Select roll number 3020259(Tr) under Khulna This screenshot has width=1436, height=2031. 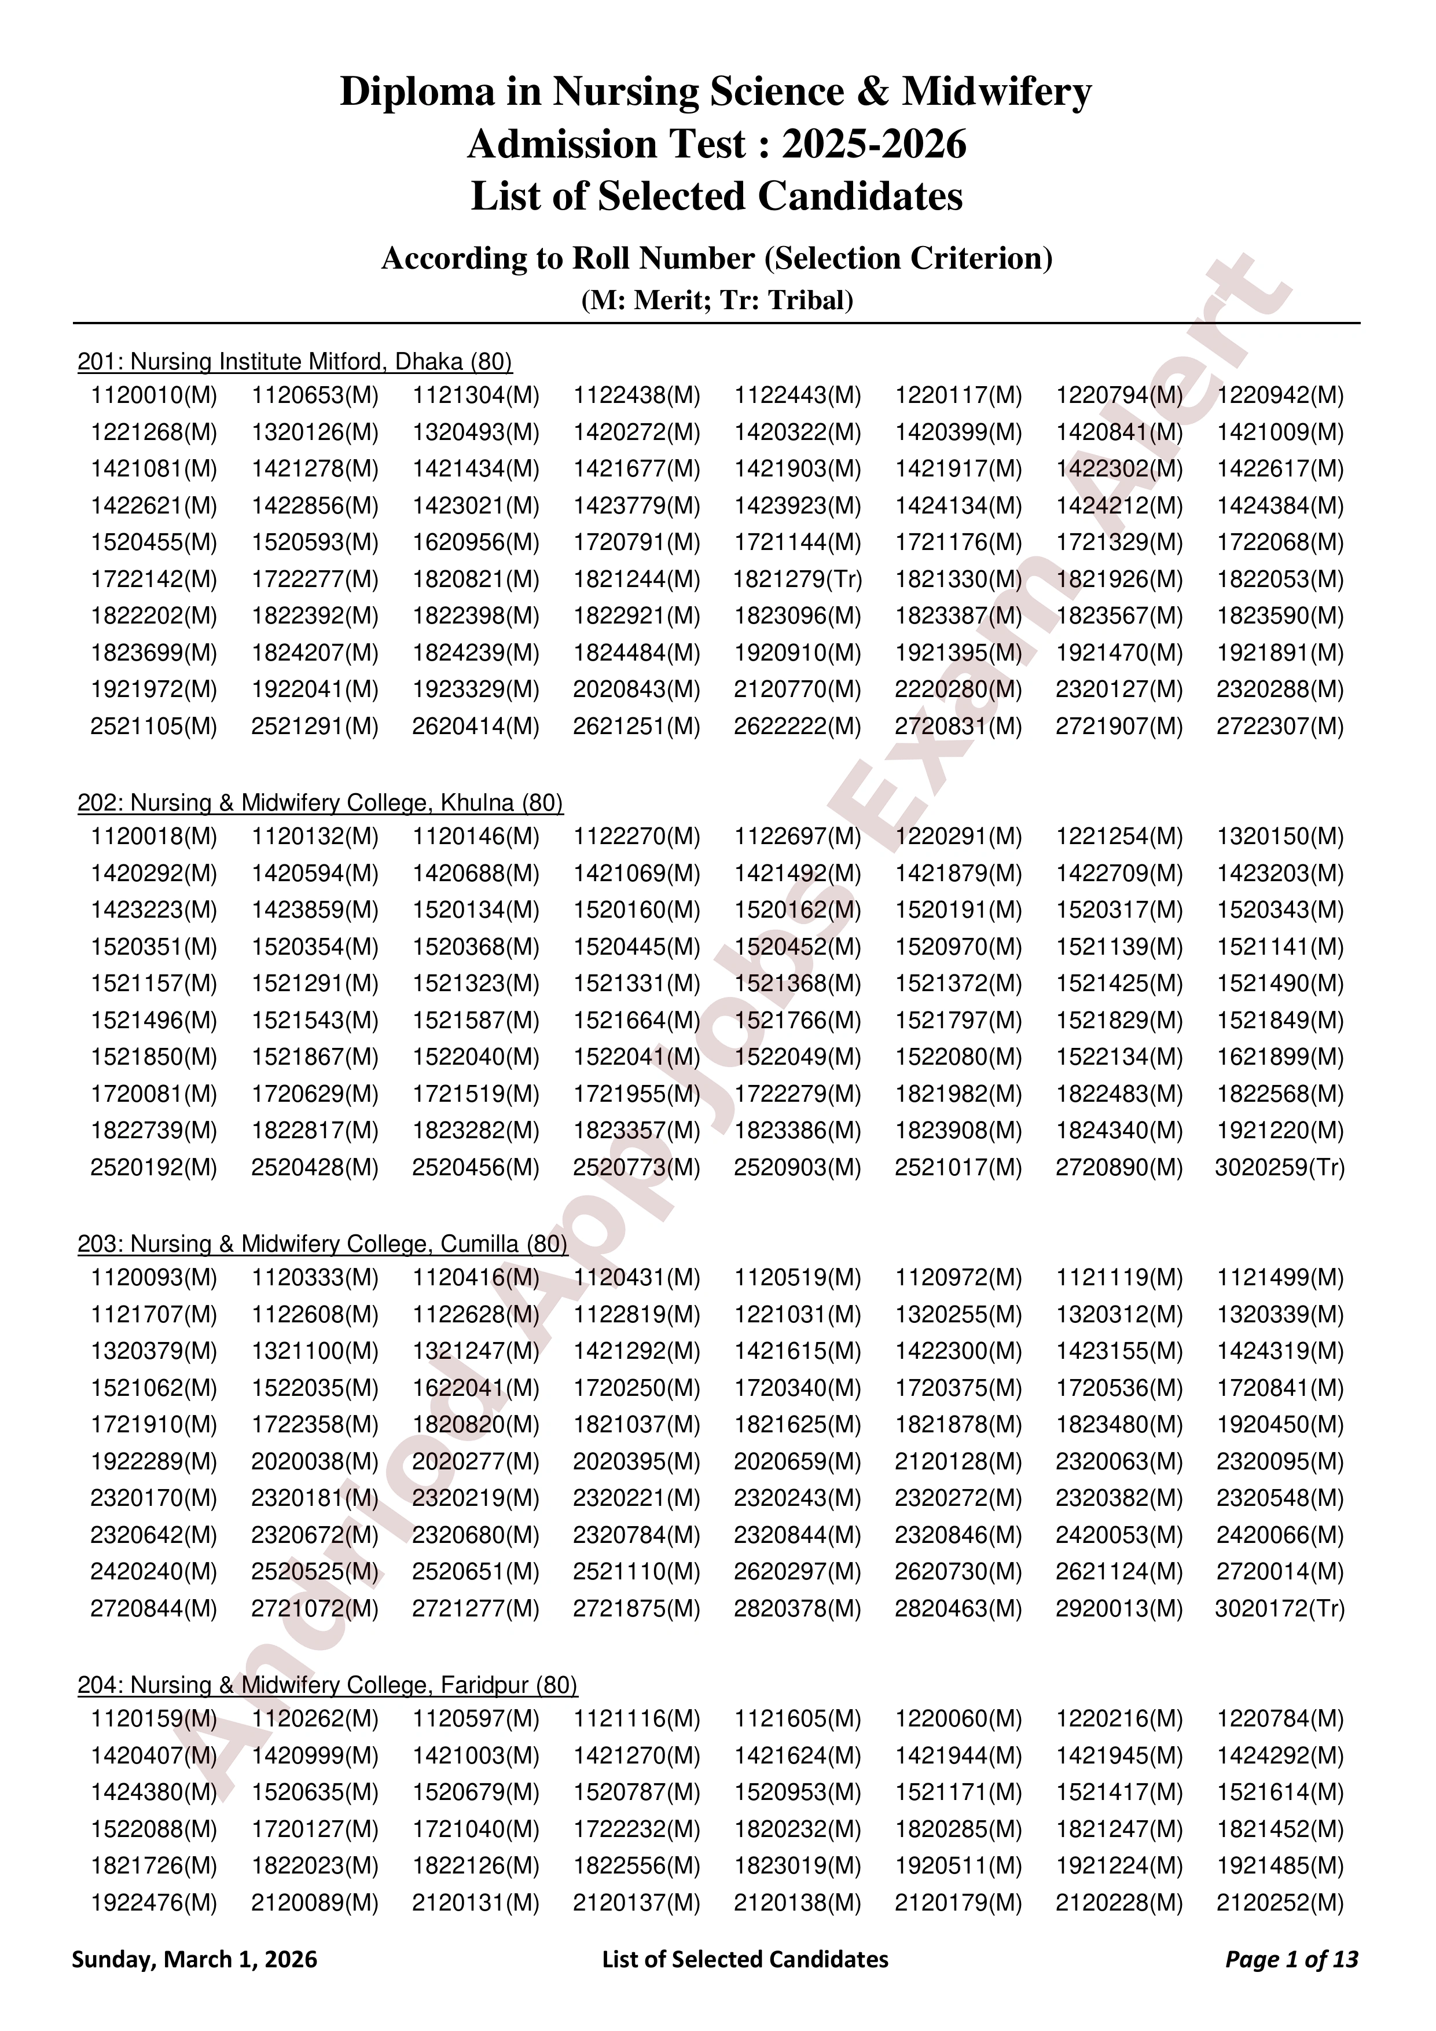pyautogui.click(x=1280, y=1168)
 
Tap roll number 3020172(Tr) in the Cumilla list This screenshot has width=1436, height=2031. pyautogui.click(x=1280, y=1609)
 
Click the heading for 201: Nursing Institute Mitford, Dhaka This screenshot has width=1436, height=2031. pyautogui.click(x=295, y=362)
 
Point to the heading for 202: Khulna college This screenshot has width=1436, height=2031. pyautogui.click(x=320, y=803)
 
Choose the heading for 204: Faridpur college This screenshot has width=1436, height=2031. pyautogui.click(x=327, y=1685)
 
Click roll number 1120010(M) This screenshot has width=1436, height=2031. pyautogui.click(x=154, y=395)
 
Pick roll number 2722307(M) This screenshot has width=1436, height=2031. pyautogui.click(x=1280, y=727)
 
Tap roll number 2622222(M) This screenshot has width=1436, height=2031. pyautogui.click(x=796, y=727)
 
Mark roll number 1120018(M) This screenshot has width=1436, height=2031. pyautogui.click(x=154, y=837)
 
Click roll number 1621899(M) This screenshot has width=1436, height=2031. pyautogui.click(x=1280, y=1057)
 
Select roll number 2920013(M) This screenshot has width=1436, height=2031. pyautogui.click(x=1119, y=1609)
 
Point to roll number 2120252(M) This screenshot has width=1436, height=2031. pyautogui.click(x=1280, y=1902)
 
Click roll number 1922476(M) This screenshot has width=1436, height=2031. pyautogui.click(x=154, y=1902)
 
